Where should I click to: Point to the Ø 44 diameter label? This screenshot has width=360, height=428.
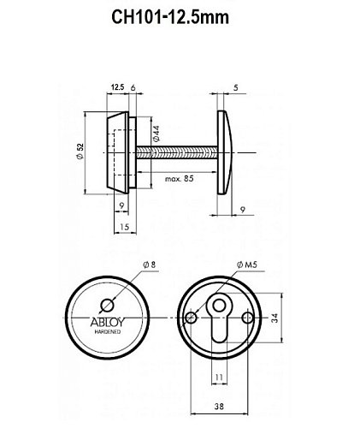pyautogui.click(x=156, y=135)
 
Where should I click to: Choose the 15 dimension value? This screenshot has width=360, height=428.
pyautogui.click(x=124, y=227)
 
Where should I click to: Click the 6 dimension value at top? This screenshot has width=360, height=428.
pyautogui.click(x=135, y=86)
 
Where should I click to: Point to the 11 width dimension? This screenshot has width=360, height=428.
pyautogui.click(x=219, y=377)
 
